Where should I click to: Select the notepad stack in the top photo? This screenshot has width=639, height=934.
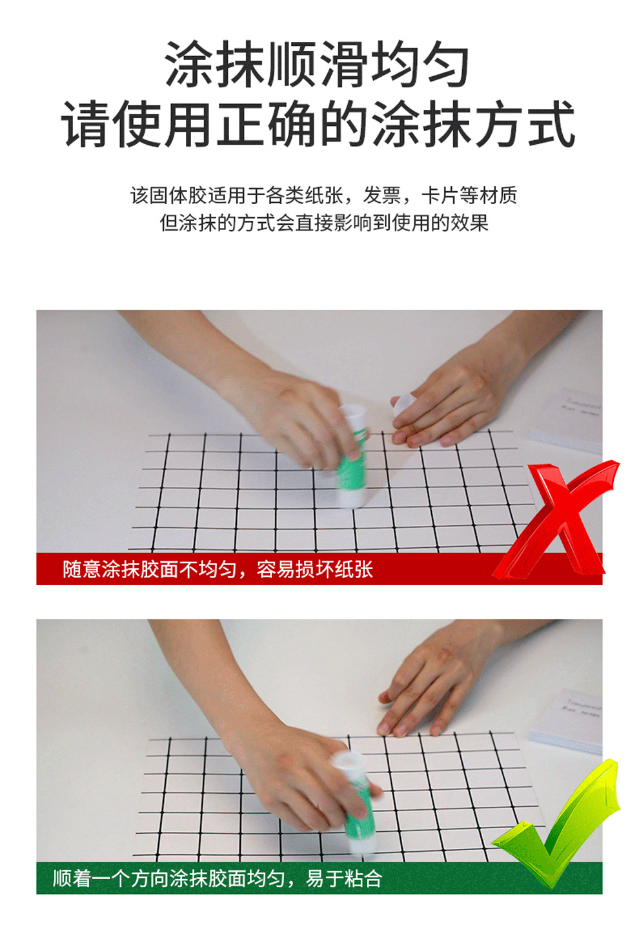[x=567, y=421]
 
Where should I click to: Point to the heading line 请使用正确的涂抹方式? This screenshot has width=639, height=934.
[x=319, y=124]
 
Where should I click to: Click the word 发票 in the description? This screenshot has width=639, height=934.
[x=382, y=195]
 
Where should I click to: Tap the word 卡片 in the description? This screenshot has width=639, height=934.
[x=440, y=195]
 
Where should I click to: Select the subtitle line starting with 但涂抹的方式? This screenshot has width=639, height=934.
[x=324, y=223]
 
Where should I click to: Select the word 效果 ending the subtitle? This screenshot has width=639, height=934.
[x=469, y=223]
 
